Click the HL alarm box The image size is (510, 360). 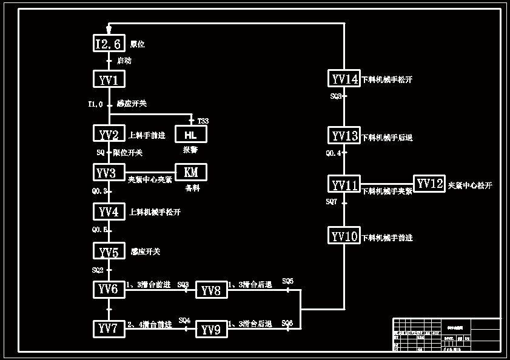tap(190, 134)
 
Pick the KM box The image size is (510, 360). tap(190, 172)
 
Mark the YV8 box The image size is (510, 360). tap(211, 290)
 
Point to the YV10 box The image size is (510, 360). tap(344, 236)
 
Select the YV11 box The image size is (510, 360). tap(344, 185)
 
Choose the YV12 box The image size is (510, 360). tap(430, 184)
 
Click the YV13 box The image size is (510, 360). tap(344, 136)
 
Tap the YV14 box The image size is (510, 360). tap(344, 79)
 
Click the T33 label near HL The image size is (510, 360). tap(203, 121)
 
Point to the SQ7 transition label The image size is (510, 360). tap(331, 201)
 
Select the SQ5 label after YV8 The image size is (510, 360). tap(287, 281)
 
